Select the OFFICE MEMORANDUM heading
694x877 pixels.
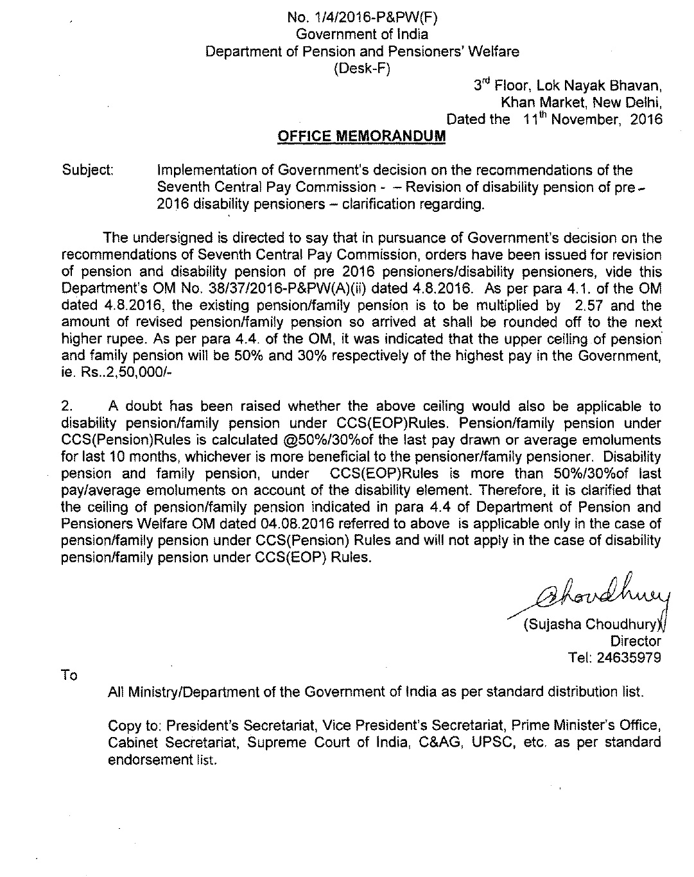pyautogui.click(x=361, y=136)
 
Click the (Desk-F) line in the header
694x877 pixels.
pyautogui.click(x=363, y=69)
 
